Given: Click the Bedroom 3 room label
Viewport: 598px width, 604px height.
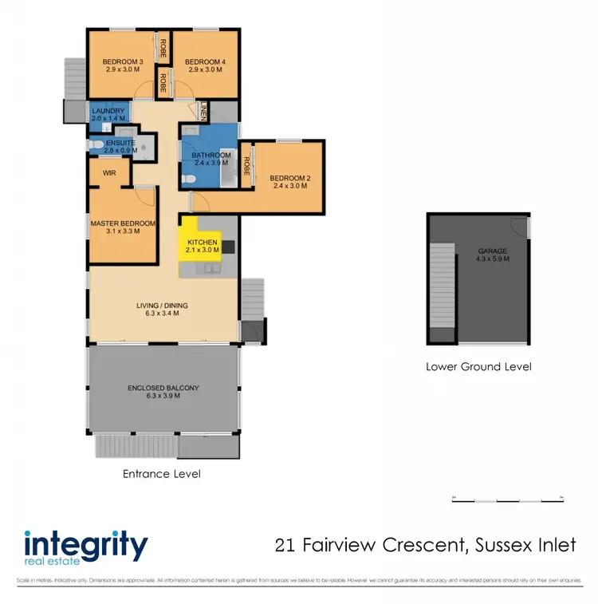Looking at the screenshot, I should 123,62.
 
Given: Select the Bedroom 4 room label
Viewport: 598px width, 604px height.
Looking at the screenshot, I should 205,62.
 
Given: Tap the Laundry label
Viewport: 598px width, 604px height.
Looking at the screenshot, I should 108,111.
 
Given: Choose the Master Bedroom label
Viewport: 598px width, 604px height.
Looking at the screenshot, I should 122,224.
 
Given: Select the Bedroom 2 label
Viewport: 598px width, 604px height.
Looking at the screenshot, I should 289,178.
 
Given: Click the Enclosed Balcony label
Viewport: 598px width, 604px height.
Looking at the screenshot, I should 163,389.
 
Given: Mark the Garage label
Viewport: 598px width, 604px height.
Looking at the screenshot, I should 492,251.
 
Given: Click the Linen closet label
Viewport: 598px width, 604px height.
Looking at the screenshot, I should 203,113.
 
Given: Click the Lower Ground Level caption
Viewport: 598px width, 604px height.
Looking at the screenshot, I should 478,367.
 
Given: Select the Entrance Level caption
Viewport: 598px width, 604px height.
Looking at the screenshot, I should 161,474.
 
